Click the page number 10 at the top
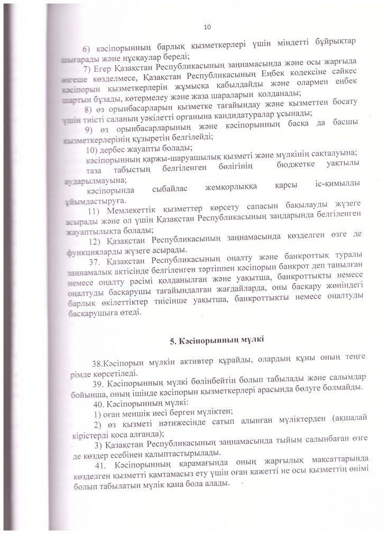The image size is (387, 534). [207, 26]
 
